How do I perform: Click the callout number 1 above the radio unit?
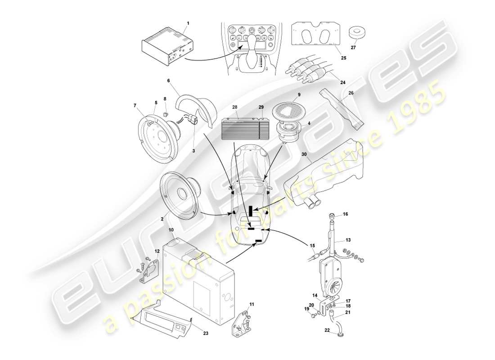pos(188,22)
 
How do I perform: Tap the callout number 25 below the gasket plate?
pos(343,58)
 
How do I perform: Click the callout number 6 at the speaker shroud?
pos(168,81)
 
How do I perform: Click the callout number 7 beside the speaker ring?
pos(135,105)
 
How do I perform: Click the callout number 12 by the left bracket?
pos(157,251)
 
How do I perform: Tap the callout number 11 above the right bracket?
pos(252,305)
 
